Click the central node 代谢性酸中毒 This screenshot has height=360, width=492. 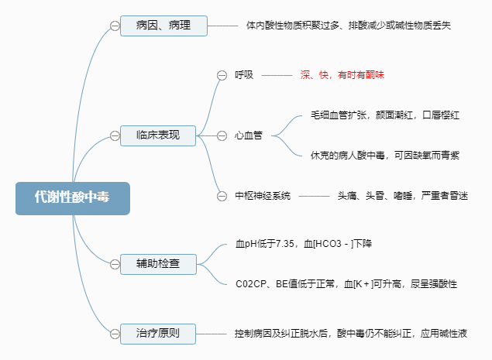(72, 197)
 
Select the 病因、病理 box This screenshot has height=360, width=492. (164, 26)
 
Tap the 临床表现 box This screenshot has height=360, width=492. (158, 135)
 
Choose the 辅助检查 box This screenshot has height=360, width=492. (158, 264)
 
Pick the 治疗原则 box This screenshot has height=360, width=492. (158, 334)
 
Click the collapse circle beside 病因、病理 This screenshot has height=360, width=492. (115, 26)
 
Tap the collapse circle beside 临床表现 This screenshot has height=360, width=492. (115, 135)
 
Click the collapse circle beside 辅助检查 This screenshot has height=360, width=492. (115, 264)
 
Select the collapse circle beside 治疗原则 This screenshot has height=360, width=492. (115, 334)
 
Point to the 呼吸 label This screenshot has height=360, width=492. (244, 75)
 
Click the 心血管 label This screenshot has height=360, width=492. (249, 135)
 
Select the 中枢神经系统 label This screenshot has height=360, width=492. (263, 196)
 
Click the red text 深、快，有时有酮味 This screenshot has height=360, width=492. (342, 75)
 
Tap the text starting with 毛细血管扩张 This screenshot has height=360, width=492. (385, 115)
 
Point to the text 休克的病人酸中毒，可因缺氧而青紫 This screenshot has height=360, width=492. (385, 155)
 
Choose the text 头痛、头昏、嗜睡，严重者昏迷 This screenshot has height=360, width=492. (402, 196)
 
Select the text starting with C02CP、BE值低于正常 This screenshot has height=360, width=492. (346, 284)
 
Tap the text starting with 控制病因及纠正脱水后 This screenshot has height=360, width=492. (351, 334)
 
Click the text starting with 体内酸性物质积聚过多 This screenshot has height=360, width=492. (349, 26)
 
